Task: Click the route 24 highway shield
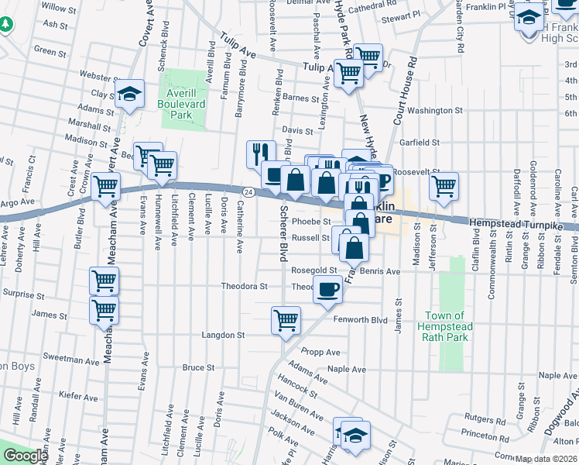(x=248, y=191)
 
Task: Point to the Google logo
(x=25, y=456)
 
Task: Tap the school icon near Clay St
(x=130, y=95)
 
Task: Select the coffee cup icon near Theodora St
(x=328, y=290)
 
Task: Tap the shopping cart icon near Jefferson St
(x=444, y=186)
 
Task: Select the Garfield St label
(x=419, y=143)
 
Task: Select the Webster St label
(x=97, y=75)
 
